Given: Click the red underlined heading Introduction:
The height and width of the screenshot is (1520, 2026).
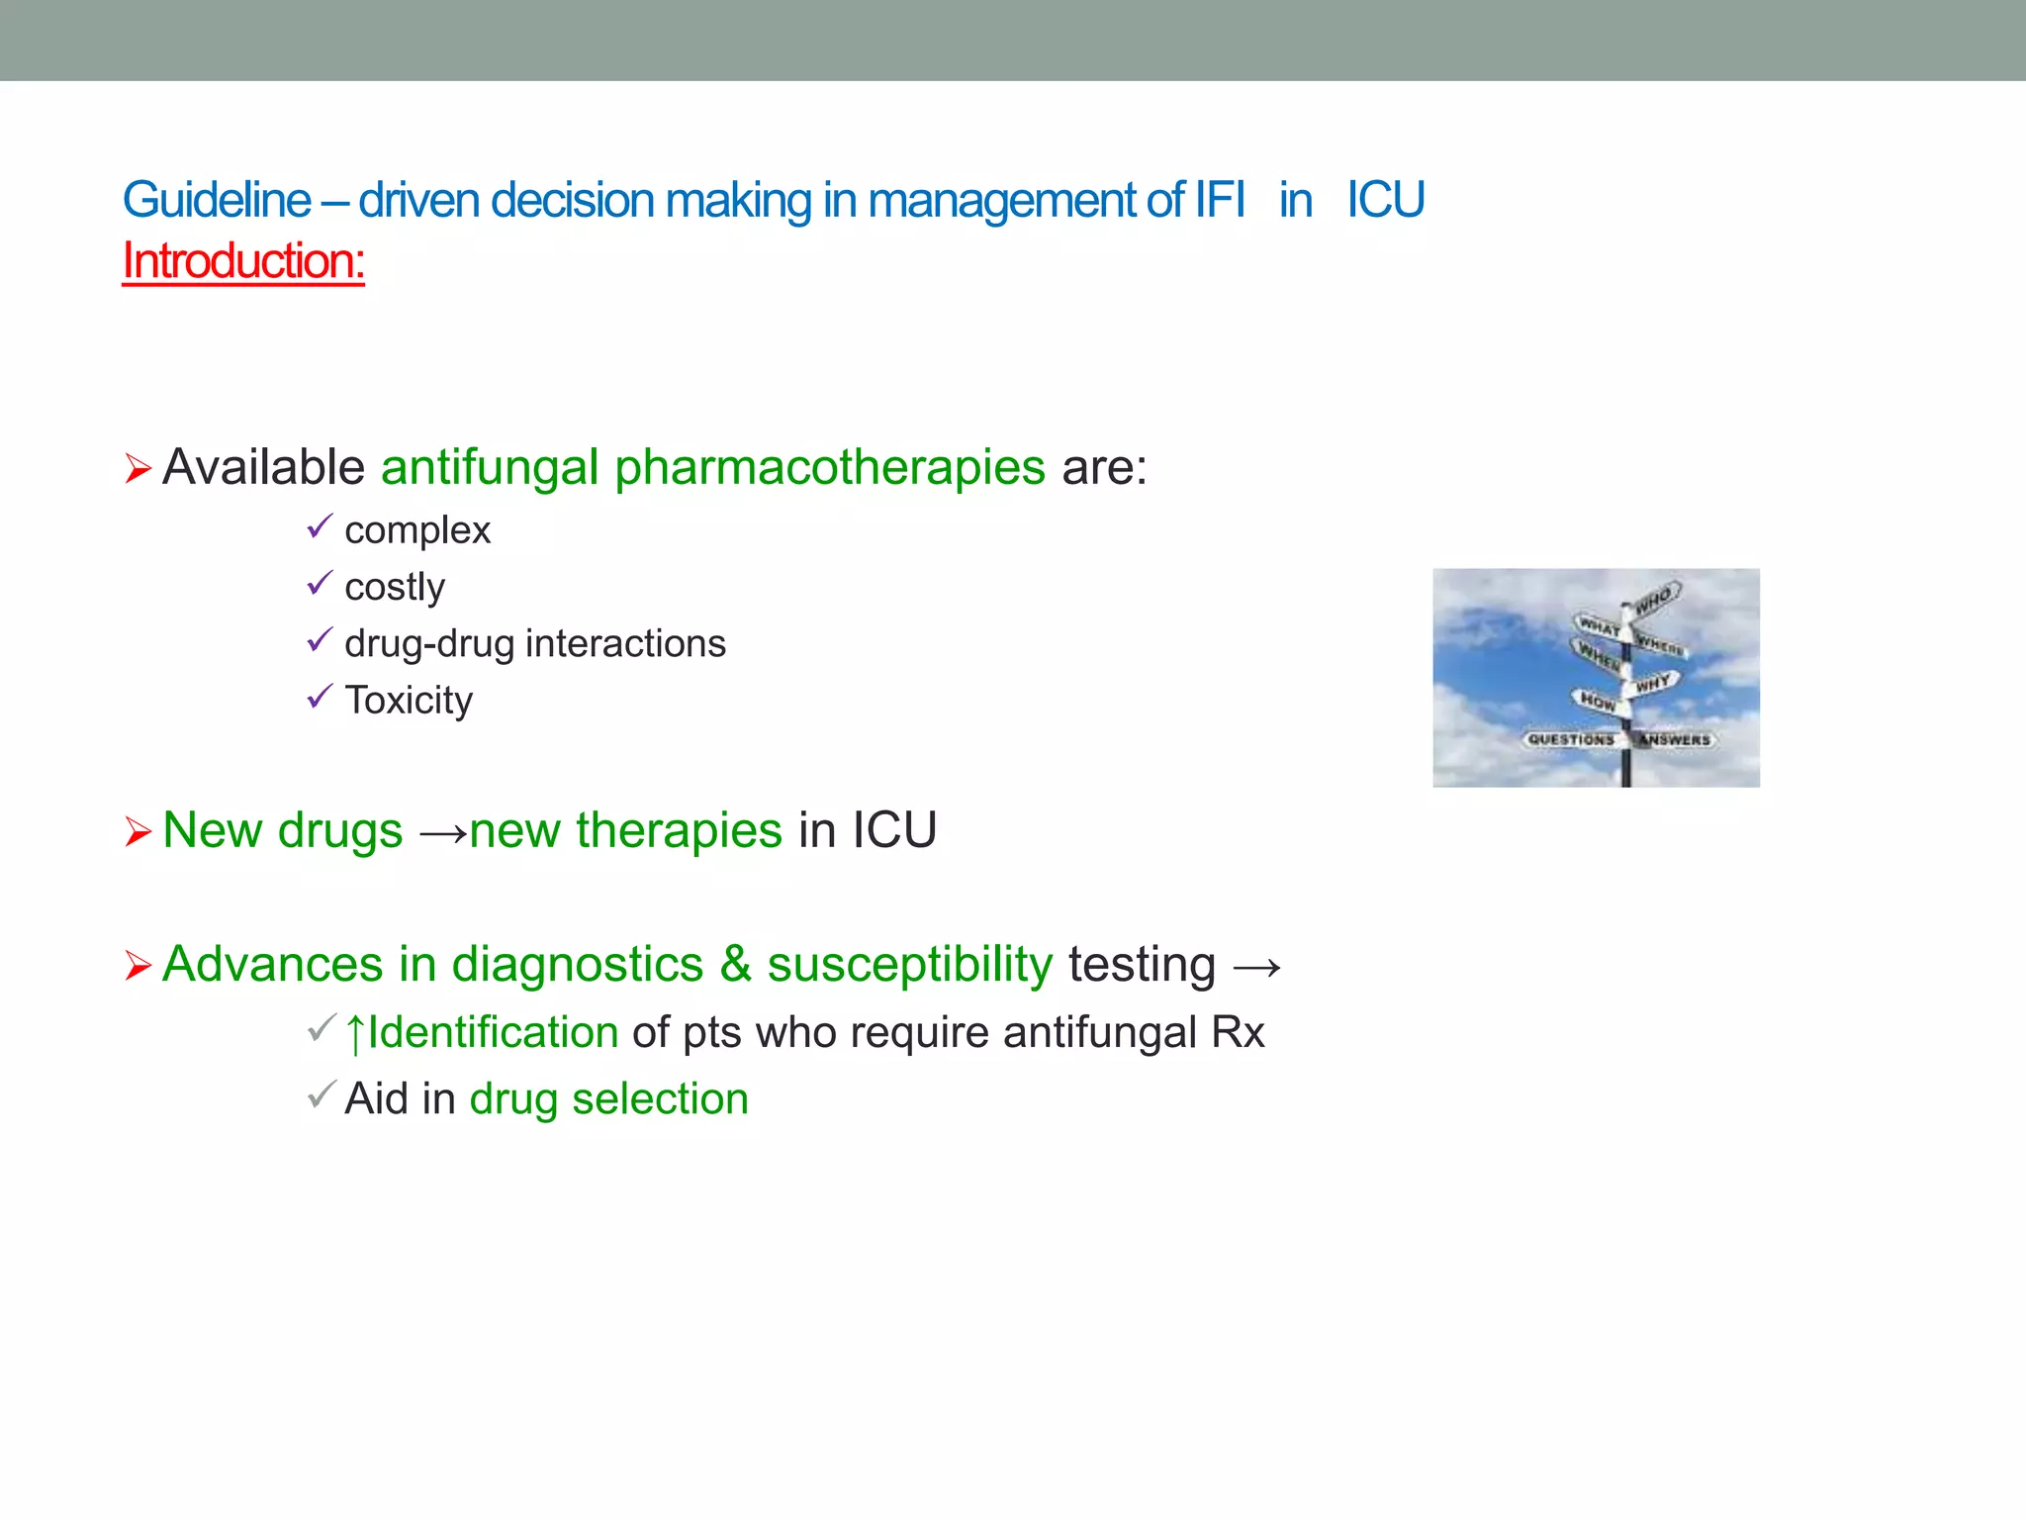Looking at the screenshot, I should coord(243,262).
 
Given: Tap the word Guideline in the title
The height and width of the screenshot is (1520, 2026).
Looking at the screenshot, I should coord(217,201).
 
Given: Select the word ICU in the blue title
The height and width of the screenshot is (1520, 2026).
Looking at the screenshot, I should coord(1385,201).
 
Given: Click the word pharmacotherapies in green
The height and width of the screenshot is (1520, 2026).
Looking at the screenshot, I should coord(829,467).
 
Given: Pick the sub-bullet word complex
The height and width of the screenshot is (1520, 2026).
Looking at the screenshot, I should coord(417,531).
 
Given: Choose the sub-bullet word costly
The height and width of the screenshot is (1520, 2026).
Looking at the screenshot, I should coord(395,588).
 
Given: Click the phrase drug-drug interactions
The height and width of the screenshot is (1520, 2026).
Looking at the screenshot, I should coord(535,644).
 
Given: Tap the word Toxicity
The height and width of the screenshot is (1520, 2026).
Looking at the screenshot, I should coord(409,701).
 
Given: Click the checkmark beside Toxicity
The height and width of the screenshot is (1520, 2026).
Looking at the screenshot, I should coord(320,698).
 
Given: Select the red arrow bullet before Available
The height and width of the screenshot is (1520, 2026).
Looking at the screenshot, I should coord(138,468).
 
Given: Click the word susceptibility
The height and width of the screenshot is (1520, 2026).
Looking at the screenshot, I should coord(910,965).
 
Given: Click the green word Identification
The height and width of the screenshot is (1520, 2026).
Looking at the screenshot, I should coord(493,1033).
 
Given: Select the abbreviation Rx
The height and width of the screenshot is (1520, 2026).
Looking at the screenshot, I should coord(1238,1033).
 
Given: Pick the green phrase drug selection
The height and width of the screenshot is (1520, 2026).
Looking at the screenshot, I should coord(608,1099).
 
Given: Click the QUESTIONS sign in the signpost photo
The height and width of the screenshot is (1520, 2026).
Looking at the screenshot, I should coord(1570,739).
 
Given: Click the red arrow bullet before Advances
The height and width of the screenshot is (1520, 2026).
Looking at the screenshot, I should coord(138,965).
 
